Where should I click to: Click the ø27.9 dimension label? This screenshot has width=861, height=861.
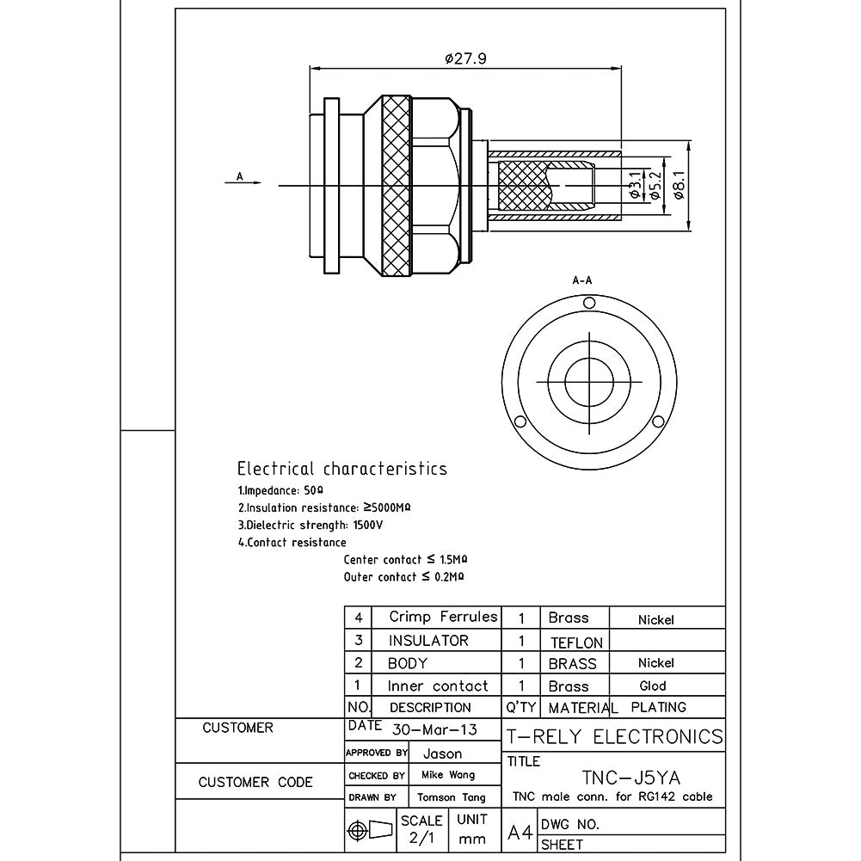[x=465, y=58]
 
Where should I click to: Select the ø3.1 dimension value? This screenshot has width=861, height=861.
[x=635, y=185]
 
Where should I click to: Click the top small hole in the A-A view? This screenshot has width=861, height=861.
[x=588, y=303]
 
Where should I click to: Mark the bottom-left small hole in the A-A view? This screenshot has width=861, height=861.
[x=520, y=421]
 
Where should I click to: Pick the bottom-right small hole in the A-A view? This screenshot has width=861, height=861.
[x=657, y=421]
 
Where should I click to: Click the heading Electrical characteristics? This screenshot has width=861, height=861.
[x=342, y=469]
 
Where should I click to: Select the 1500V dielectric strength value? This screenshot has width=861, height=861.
[x=368, y=525]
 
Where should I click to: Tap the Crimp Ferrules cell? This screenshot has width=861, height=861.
[x=443, y=617]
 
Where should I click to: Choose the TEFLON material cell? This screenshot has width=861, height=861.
[x=576, y=643]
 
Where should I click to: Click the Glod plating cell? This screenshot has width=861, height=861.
[x=653, y=686]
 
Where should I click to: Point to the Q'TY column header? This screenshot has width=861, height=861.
[x=521, y=707]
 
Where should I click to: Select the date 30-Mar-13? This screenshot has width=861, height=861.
[x=434, y=729]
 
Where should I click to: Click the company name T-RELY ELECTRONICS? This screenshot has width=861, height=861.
[x=614, y=737]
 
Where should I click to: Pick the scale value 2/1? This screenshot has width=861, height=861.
[x=421, y=838]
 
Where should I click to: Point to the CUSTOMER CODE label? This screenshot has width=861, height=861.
[x=255, y=783]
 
